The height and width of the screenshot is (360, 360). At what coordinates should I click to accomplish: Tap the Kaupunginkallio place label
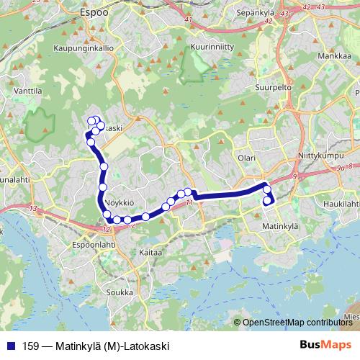(x=84, y=48)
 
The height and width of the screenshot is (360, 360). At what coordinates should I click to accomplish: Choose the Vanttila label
(x=27, y=91)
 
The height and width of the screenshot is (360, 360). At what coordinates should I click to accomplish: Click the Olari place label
(x=247, y=156)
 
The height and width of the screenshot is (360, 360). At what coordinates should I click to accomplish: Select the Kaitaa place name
(x=150, y=253)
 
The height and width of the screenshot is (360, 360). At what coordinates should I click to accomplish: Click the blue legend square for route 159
(x=12, y=346)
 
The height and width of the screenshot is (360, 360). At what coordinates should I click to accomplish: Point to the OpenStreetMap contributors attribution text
(x=295, y=323)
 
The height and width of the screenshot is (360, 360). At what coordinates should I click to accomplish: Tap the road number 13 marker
(x=33, y=208)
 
